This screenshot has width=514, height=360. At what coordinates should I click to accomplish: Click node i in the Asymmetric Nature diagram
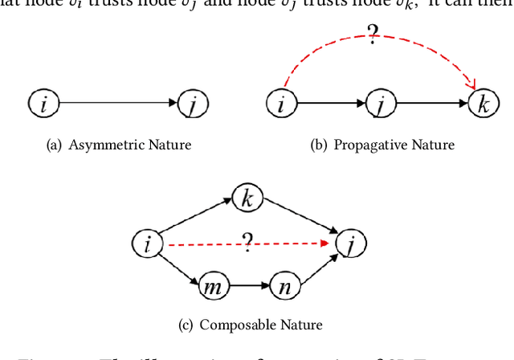pyautogui.click(x=43, y=103)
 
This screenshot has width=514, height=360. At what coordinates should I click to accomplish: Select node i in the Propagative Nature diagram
pyautogui.click(x=281, y=104)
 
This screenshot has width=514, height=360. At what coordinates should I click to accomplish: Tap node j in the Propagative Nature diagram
pyautogui.click(x=381, y=104)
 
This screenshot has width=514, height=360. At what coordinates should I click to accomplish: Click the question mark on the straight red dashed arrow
pyautogui.click(x=247, y=242)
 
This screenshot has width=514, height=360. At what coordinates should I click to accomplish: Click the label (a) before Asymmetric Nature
pyautogui.click(x=55, y=145)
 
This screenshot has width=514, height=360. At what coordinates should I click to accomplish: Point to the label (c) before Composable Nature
pyautogui.click(x=186, y=325)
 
